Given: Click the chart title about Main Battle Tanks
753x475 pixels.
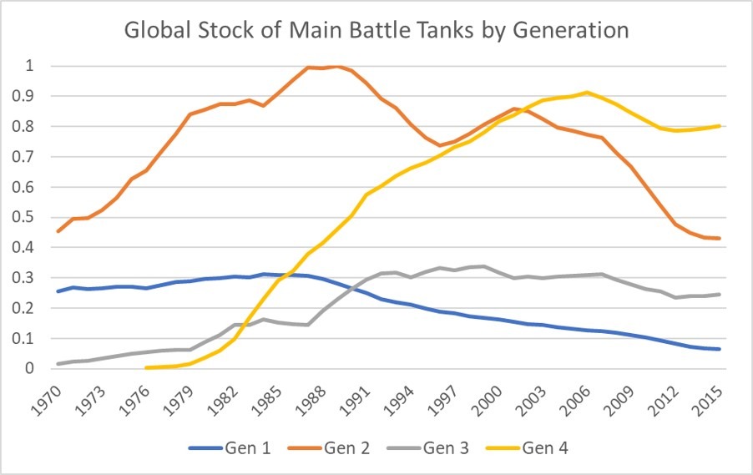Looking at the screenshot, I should tap(376, 31).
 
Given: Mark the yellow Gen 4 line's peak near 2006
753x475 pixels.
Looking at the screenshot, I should tap(588, 93).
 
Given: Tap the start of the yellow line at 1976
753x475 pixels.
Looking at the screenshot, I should tap(146, 367).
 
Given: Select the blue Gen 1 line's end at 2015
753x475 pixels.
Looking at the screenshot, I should tap(720, 349).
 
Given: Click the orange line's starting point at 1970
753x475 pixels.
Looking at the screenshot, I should tap(58, 231).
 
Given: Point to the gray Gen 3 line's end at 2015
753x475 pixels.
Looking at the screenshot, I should tap(720, 294).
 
